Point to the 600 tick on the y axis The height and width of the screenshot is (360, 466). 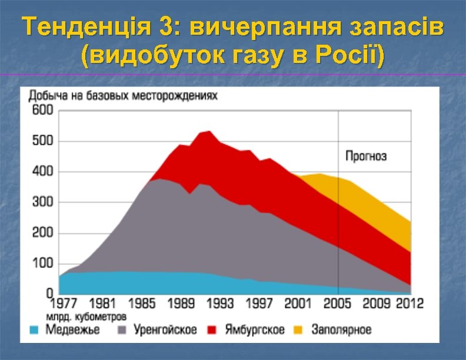pos(42,110)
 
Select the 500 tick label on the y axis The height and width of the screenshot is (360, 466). pos(42,141)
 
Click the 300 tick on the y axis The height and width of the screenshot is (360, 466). pos(42,202)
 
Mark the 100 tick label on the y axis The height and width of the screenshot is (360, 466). pos(42,263)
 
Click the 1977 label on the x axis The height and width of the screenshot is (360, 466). pos(62,304)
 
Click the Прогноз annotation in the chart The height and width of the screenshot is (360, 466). pos(365,156)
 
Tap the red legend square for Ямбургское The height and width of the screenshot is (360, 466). pos(212,329)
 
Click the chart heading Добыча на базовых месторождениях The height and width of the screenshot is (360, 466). pos(123,95)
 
